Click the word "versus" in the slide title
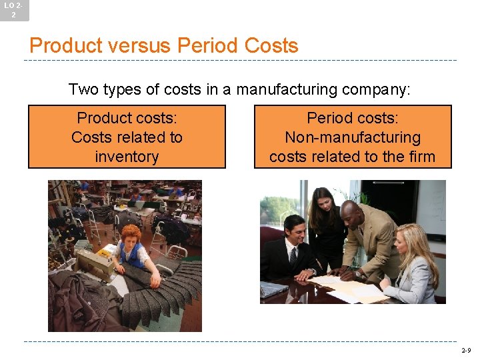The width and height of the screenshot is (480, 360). pos(143,46)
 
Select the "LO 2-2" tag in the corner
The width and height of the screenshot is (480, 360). pos(14,10)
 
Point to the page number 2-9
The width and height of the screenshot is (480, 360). pos(465,350)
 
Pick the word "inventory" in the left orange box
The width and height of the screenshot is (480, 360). pos(127,157)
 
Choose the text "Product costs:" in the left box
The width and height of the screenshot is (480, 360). pos(127,118)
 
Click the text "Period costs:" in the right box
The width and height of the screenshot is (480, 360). pos(353,118)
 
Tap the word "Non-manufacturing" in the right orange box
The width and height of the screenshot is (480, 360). pos(353,138)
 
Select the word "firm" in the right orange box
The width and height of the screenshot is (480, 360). pos(420,157)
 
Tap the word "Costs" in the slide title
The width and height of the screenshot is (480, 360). pos(271,46)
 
